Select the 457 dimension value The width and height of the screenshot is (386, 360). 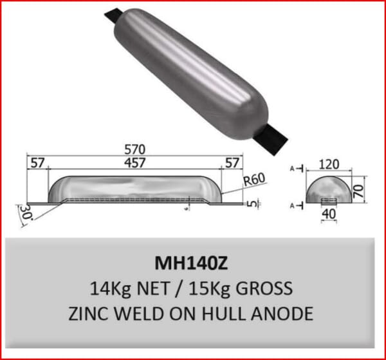tap(135, 163)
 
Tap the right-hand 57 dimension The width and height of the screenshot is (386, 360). tap(232, 163)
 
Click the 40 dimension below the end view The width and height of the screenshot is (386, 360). tap(329, 213)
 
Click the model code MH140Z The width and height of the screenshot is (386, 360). tap(192, 264)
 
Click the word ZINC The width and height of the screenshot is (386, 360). tap(91, 313)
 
